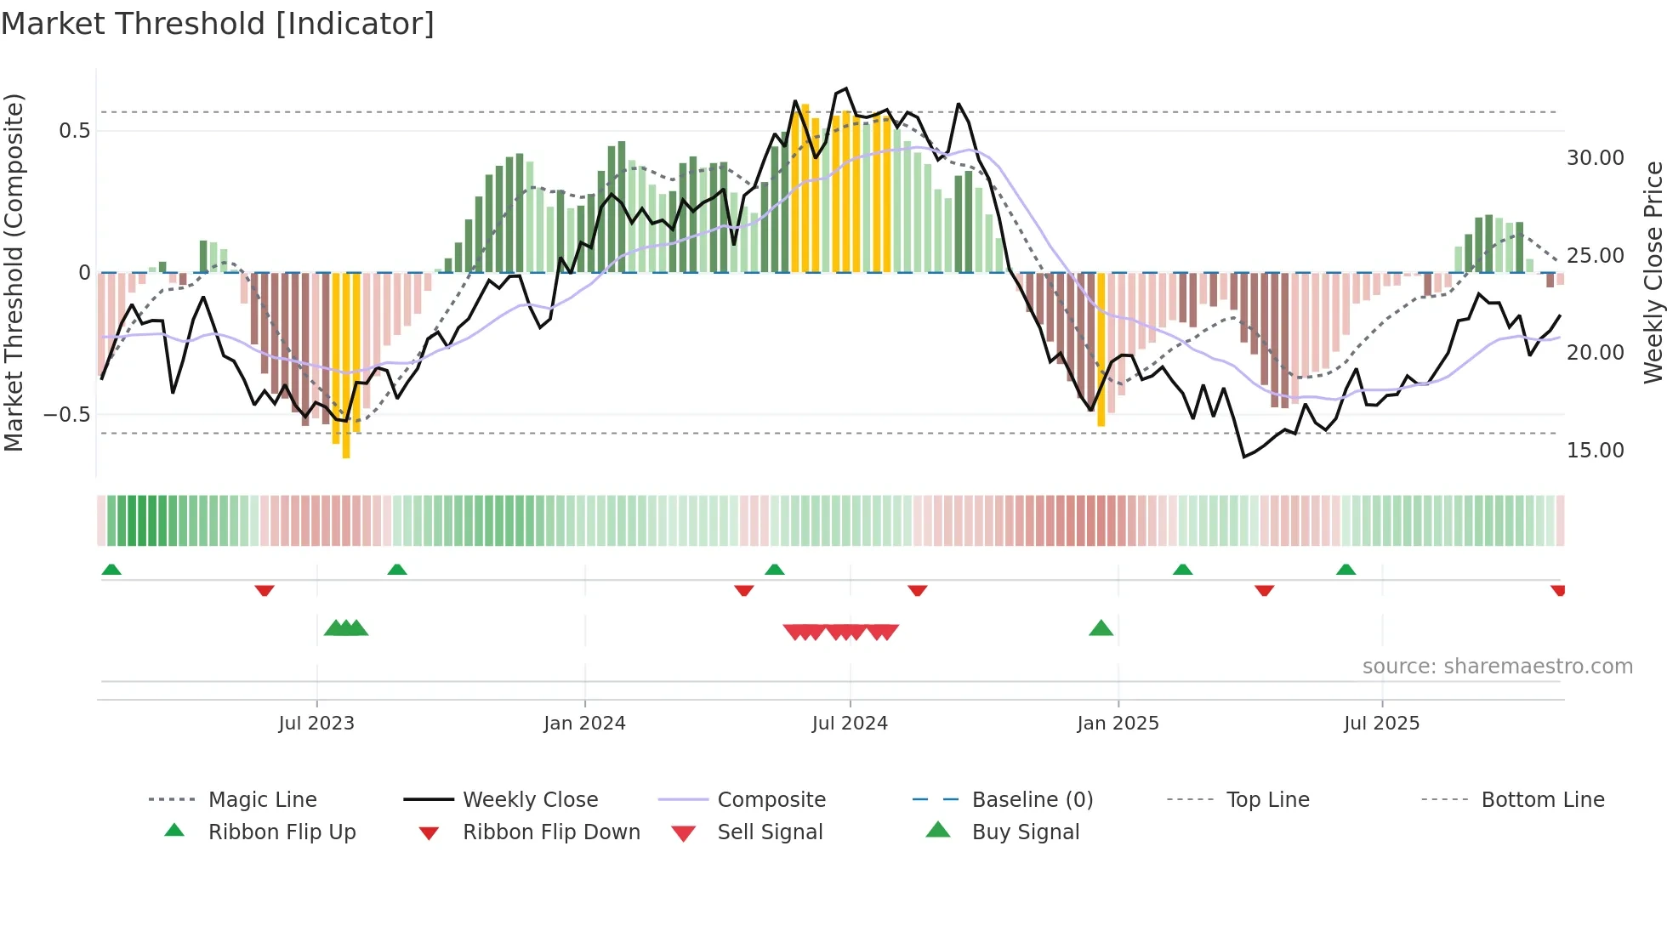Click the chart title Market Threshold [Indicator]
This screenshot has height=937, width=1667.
[218, 24]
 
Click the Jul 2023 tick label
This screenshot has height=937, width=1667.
[316, 724]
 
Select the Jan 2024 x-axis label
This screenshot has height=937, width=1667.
[584, 724]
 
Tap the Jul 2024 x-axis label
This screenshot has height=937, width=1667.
[850, 724]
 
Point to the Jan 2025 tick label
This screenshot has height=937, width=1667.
[1118, 724]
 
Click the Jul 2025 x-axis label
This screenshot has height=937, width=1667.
[1382, 724]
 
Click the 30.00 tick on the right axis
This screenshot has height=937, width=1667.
[1595, 158]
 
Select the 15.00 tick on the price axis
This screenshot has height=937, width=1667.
[1595, 451]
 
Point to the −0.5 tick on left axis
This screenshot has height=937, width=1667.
[67, 415]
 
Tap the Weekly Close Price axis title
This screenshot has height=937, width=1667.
[1653, 272]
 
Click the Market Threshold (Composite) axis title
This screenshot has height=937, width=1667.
[14, 272]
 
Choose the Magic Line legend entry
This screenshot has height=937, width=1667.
[262, 800]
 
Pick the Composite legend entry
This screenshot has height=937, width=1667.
[771, 800]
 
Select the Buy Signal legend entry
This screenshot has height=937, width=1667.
[1025, 832]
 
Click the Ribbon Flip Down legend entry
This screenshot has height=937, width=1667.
[550, 832]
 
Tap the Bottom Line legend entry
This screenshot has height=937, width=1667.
[1542, 800]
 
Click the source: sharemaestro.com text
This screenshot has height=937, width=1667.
[1497, 667]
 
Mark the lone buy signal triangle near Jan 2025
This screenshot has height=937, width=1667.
[1101, 629]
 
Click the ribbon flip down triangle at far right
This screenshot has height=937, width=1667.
[1557, 590]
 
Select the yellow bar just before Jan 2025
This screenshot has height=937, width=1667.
[1101, 349]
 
